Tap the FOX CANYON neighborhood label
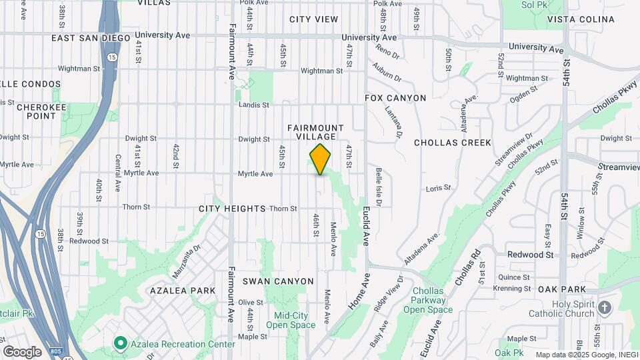click(395, 98)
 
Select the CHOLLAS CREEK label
click(452, 143)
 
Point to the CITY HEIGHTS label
click(232, 209)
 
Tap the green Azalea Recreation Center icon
click(121, 344)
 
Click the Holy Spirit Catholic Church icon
click(605, 307)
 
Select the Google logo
click(21, 351)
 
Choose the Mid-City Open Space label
click(291, 320)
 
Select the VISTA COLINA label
click(581, 19)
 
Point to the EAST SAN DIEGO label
click(91, 38)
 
